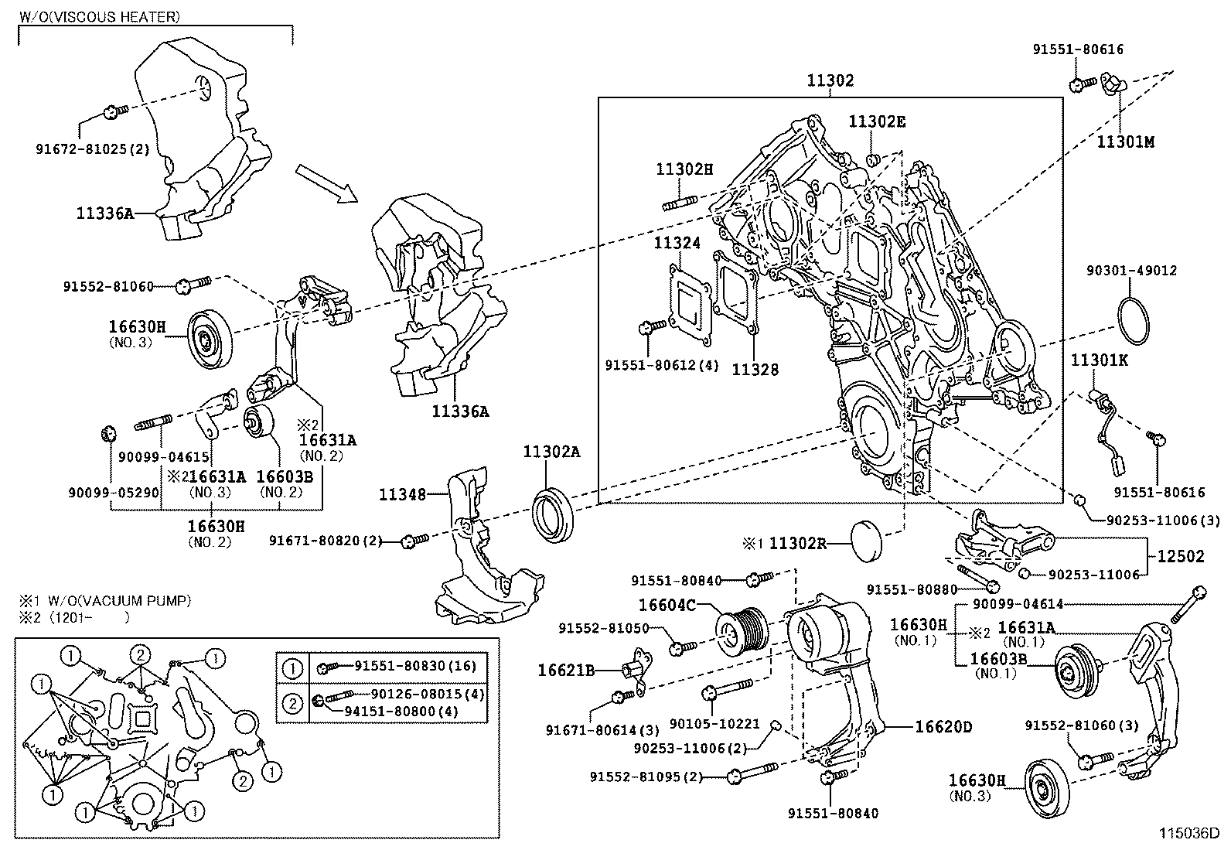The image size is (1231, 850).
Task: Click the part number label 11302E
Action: coord(877,121)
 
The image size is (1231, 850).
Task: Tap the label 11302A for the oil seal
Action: coord(551,452)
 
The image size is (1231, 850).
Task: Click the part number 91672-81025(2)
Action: coord(93,147)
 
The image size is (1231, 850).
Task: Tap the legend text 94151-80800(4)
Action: coord(401,711)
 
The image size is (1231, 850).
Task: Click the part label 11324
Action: coord(677,244)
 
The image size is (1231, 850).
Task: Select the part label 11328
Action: coord(755,370)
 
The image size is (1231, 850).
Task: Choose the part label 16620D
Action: coord(943,726)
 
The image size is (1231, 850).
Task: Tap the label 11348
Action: coord(402,493)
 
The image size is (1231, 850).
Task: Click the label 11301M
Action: coord(1125,142)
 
